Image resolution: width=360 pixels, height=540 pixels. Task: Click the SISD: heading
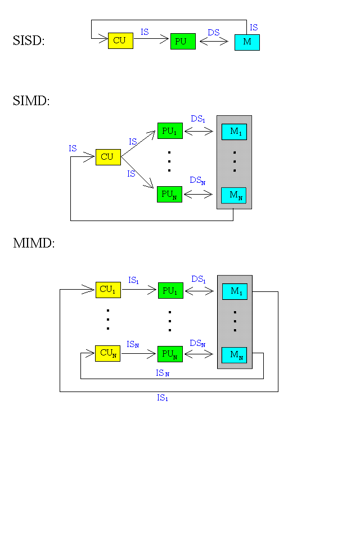click(28, 40)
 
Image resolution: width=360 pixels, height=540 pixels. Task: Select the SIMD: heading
click(31, 101)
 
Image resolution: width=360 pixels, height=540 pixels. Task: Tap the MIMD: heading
click(34, 244)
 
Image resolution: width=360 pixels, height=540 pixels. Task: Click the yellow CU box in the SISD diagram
click(120, 41)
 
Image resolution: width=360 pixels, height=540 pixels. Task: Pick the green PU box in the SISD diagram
click(183, 42)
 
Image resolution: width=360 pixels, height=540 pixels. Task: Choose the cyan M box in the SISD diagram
click(247, 42)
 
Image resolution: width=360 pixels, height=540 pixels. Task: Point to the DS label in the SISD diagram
click(214, 33)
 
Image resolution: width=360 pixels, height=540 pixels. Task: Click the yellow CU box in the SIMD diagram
click(108, 157)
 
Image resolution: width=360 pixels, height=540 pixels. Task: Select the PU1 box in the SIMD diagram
click(169, 131)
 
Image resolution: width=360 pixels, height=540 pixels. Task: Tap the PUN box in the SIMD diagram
click(169, 194)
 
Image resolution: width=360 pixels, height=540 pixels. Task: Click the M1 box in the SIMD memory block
click(234, 132)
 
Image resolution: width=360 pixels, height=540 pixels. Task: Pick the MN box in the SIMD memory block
click(233, 195)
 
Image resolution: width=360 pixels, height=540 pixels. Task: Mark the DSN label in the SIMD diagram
click(197, 181)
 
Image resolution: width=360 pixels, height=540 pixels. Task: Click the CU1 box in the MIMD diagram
click(108, 290)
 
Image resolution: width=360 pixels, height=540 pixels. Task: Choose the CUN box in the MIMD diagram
click(107, 353)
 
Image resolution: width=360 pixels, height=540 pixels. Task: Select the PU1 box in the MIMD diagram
click(170, 290)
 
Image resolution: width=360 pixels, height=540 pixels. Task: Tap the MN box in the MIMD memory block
click(234, 355)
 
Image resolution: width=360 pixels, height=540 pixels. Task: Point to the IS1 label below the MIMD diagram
click(163, 398)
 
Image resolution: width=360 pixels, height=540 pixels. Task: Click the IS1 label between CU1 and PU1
click(134, 280)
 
